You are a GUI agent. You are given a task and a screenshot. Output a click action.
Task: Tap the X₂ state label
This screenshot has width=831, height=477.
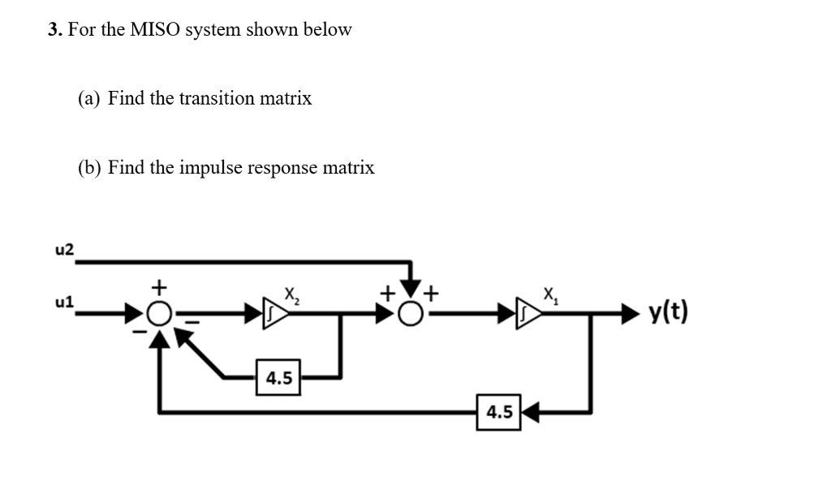pos(290,293)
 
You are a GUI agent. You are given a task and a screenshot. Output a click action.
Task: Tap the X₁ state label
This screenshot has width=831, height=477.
pos(550,293)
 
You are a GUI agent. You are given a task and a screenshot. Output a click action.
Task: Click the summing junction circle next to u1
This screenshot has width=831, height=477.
pos(161,312)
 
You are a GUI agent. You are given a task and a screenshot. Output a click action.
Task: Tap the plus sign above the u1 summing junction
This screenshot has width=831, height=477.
pos(161,286)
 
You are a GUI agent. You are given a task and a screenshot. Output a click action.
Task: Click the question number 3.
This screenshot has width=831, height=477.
pos(54,30)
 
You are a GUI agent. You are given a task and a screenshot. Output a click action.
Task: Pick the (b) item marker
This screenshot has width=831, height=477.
pos(89,168)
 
